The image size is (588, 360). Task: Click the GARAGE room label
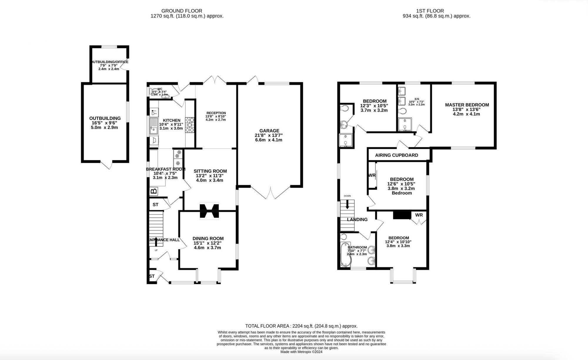point(269,131)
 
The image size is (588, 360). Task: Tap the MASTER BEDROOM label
point(467,105)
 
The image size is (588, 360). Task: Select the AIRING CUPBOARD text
point(396,155)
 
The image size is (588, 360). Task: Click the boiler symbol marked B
point(153,191)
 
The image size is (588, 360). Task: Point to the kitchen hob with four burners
point(190,125)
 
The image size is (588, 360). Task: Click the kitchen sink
point(153,126)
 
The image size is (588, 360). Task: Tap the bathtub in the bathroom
point(344,255)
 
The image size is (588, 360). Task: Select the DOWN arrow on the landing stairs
point(348,204)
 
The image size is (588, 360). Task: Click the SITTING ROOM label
point(210,171)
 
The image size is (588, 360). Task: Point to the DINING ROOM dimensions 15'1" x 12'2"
point(207,243)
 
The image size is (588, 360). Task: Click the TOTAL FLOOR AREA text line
point(301,326)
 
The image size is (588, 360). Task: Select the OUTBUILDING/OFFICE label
point(109,62)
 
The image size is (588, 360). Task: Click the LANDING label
point(357,219)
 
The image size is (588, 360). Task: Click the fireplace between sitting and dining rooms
point(209,211)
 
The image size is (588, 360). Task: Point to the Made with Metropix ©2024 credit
point(301,352)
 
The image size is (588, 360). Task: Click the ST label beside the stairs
point(155,205)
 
